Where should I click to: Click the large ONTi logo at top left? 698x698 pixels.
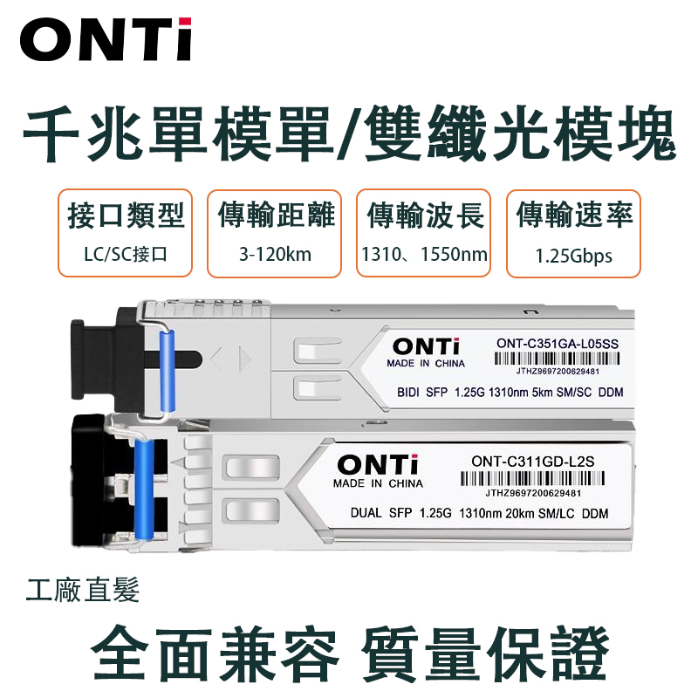pyautogui.click(x=106, y=39)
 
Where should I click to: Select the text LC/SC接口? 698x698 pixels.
pyautogui.click(x=125, y=254)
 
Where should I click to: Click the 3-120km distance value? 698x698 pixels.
pyautogui.click(x=275, y=254)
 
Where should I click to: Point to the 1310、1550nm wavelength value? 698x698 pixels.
pyautogui.click(x=424, y=254)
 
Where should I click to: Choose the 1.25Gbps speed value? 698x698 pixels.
pyautogui.click(x=573, y=256)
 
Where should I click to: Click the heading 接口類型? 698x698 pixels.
pyautogui.click(x=126, y=216)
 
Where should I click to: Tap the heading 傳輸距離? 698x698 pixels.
pyautogui.click(x=276, y=215)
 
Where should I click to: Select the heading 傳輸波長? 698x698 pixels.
pyautogui.click(x=425, y=216)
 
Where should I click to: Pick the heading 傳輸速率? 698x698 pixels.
pyautogui.click(x=574, y=215)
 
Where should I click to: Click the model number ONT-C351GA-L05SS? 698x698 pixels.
pyautogui.click(x=558, y=344)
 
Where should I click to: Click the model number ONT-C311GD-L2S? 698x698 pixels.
pyautogui.click(x=533, y=462)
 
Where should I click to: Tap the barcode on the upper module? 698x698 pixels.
pyautogui.click(x=557, y=359)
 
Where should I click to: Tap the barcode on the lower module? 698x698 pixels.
pyautogui.click(x=532, y=478)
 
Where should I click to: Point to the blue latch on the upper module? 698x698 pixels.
pyautogui.click(x=167, y=371)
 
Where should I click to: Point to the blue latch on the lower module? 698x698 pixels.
pyautogui.click(x=144, y=489)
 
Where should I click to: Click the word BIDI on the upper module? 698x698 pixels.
pyautogui.click(x=408, y=392)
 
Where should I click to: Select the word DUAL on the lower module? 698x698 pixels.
pyautogui.click(x=366, y=513)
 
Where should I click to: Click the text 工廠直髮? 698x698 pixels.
pyautogui.click(x=83, y=590)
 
